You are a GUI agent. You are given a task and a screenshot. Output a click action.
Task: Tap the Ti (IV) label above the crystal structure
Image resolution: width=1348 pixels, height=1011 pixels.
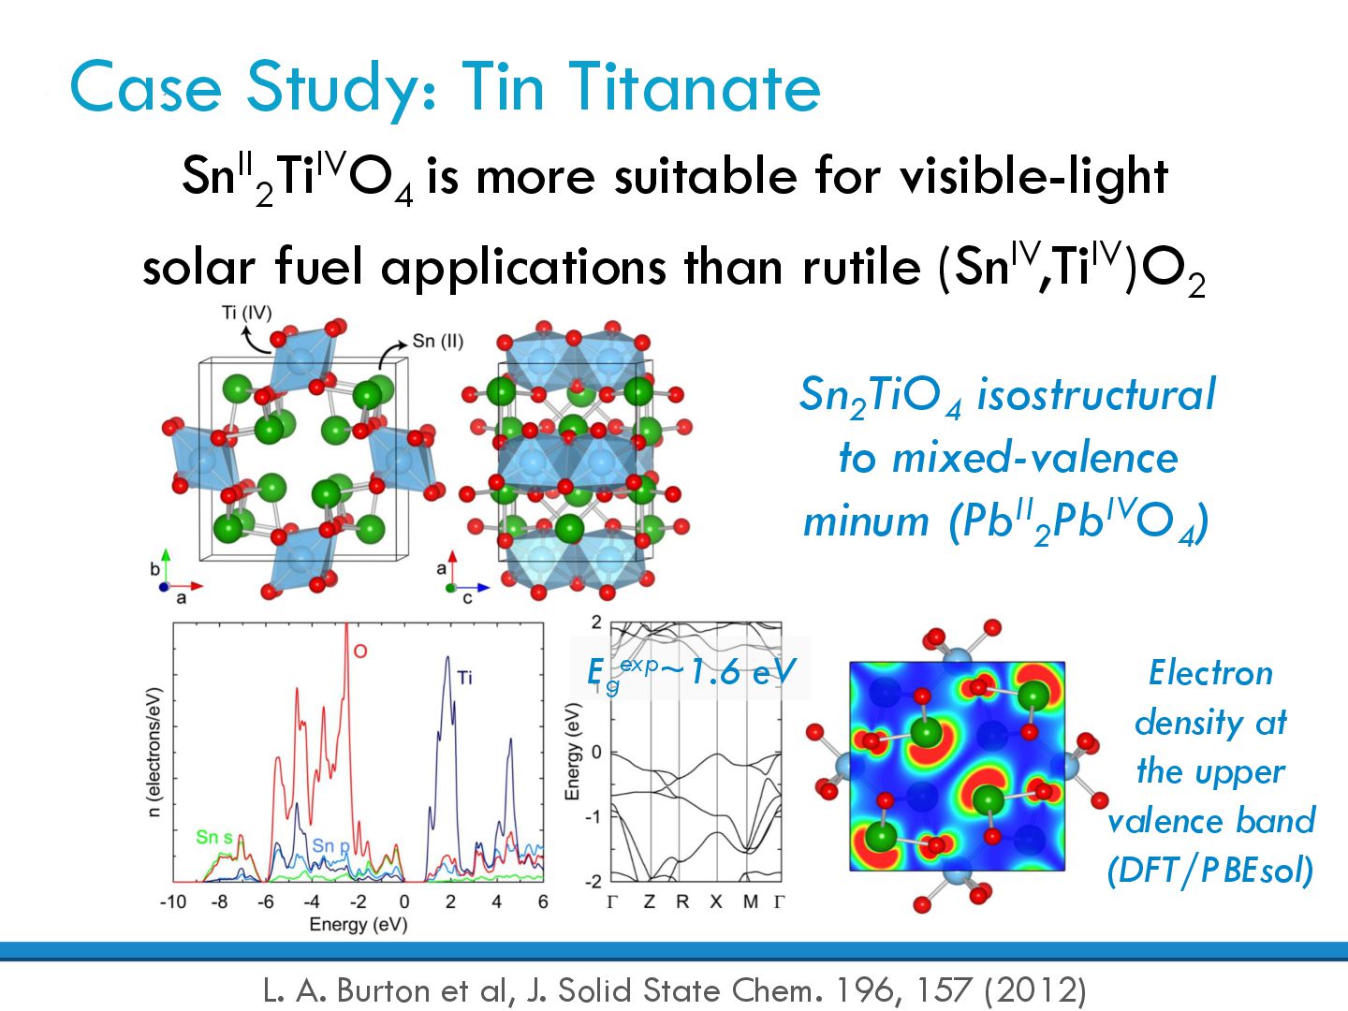pos(246,313)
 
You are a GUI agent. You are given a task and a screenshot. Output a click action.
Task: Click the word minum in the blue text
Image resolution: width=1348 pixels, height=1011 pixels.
pos(866,521)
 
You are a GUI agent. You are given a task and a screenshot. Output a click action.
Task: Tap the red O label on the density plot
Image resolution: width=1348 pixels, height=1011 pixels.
pos(360,652)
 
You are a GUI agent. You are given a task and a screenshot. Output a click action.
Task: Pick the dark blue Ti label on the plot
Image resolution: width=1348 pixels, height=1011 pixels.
pos(465,678)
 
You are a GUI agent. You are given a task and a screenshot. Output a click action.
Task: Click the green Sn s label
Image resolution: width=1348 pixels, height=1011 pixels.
pos(214,837)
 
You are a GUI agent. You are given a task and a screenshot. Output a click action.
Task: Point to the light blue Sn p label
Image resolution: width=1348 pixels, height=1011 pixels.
pos(330,846)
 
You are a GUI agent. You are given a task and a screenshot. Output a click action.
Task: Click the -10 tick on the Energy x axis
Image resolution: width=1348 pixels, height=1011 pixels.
pos(172,901)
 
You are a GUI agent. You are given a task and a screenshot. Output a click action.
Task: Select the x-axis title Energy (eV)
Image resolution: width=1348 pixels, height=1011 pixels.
pos(359,925)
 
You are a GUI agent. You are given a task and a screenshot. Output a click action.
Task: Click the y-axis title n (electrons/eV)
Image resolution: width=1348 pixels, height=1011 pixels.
pos(154,753)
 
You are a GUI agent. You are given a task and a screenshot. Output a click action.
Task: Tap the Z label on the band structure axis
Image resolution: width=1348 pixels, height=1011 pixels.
pos(649,901)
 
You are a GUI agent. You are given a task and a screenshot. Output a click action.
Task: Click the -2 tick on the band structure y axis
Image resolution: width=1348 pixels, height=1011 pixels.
pos(593,882)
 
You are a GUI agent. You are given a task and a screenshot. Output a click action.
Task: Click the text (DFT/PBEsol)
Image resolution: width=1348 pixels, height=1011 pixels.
pos(1210,871)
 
